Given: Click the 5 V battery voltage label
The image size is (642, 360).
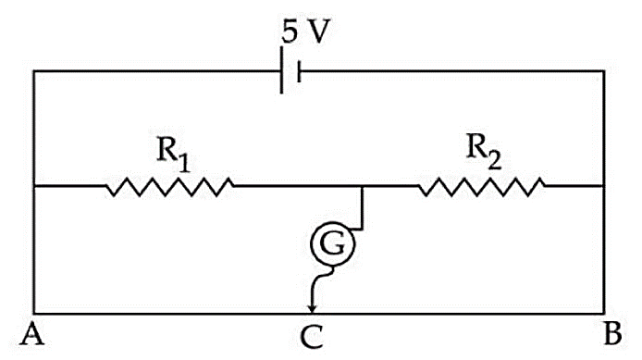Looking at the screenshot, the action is [305, 31].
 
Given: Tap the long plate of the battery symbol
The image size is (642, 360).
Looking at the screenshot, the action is [282, 70].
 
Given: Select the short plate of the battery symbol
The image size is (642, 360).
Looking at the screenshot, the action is [300, 71].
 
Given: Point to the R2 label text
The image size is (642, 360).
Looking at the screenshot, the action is [484, 151].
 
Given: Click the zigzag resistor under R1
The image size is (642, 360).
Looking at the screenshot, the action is [170, 187].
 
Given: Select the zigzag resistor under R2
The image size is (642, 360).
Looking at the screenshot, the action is [482, 187].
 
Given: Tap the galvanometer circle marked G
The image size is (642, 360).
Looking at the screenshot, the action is [332, 243].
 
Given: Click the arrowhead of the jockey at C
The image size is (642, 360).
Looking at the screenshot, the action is [313, 308].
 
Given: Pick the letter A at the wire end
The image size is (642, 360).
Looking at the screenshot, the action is [32, 334].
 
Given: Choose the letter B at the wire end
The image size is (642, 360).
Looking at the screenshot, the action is [613, 333].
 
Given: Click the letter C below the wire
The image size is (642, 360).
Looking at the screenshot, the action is [312, 337].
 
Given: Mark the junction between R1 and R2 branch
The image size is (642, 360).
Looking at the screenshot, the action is [362, 186].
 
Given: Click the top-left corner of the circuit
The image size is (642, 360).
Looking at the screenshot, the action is [34, 71].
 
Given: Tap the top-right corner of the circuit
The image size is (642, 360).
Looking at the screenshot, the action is [604, 71].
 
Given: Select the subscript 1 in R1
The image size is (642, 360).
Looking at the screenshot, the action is [184, 162].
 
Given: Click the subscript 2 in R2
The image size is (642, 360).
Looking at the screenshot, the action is [495, 160].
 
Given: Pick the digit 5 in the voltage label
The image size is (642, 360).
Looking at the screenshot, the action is [290, 32].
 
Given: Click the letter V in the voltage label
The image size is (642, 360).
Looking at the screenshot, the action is [318, 31].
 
